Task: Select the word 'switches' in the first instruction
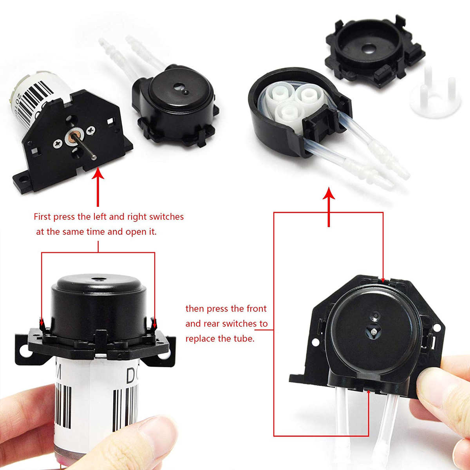coord(166,217)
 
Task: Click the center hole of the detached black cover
coord(368,49)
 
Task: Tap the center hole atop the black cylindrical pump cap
coord(96,280)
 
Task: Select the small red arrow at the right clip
coord(154,322)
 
